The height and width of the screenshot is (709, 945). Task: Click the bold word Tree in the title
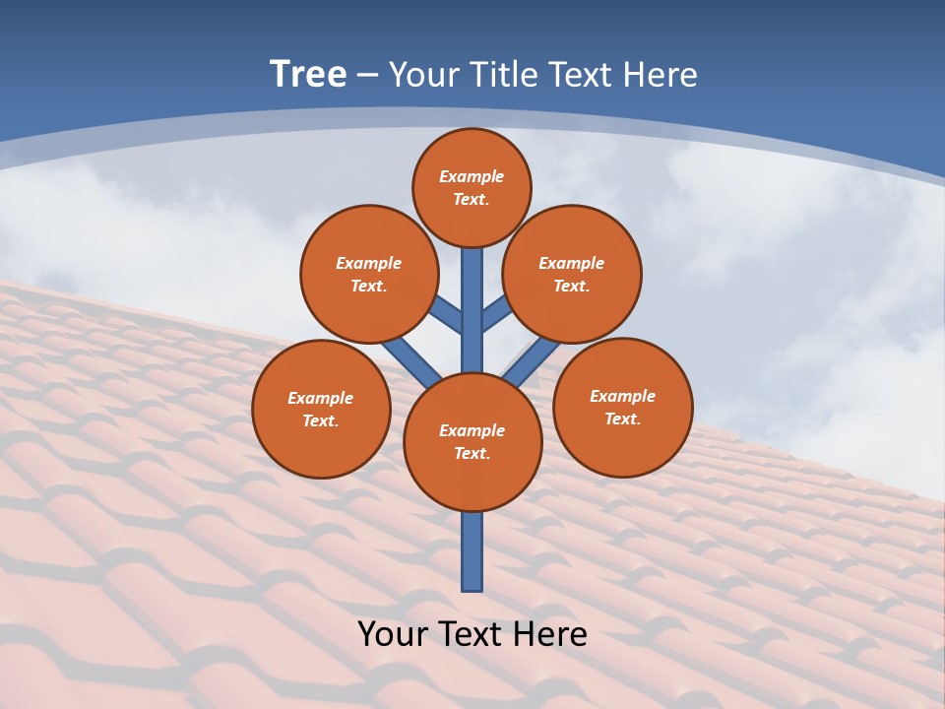(308, 75)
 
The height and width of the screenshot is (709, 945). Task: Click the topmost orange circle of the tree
(472, 187)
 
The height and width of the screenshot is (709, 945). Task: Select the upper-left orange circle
(369, 274)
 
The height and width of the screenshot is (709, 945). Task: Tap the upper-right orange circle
(572, 274)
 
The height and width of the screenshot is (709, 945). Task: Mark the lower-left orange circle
(321, 409)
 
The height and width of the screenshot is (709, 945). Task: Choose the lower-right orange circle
(623, 407)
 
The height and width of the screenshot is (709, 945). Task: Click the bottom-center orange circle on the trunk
(472, 442)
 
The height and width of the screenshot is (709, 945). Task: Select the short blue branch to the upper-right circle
(496, 315)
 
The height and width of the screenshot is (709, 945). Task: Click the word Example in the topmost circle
(472, 176)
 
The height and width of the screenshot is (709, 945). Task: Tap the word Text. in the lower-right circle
(623, 419)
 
